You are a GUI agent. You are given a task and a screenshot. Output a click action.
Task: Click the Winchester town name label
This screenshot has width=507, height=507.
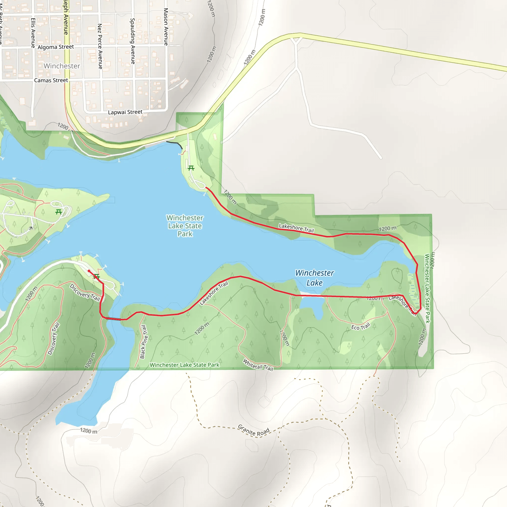tap(62, 66)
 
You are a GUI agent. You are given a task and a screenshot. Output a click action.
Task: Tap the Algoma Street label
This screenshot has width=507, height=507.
tap(56, 47)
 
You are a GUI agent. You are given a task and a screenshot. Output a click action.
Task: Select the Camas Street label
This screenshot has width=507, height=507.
tap(51, 80)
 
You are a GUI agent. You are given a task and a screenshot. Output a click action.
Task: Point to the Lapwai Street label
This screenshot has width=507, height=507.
tap(125, 112)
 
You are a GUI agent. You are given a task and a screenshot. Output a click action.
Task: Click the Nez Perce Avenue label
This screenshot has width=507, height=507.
tap(100, 46)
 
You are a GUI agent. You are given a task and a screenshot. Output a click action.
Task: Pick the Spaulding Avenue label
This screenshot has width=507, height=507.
tap(133, 41)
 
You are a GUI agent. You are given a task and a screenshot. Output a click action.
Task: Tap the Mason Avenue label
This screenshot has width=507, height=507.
tap(166, 26)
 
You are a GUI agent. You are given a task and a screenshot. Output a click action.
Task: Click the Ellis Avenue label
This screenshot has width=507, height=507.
tap(33, 33)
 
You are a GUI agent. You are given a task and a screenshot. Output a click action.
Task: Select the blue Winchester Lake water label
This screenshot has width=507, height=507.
tap(314, 278)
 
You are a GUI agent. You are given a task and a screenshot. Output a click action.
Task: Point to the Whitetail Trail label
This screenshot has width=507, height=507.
tap(258, 365)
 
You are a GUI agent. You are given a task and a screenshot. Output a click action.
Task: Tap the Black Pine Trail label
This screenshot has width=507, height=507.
tap(143, 342)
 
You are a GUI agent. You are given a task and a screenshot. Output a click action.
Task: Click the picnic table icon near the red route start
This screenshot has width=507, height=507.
tap(97, 276)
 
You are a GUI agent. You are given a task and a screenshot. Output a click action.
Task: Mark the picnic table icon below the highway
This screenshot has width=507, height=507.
tap(191, 168)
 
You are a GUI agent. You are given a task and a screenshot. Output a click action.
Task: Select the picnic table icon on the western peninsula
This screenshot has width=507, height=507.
tap(58, 212)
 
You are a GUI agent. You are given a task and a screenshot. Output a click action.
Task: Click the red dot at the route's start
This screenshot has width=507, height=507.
tap(89, 271)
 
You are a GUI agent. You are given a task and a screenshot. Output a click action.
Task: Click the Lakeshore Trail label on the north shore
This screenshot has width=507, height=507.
tap(296, 228)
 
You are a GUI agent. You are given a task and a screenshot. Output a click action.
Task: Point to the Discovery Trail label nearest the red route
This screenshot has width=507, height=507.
tap(85, 293)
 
